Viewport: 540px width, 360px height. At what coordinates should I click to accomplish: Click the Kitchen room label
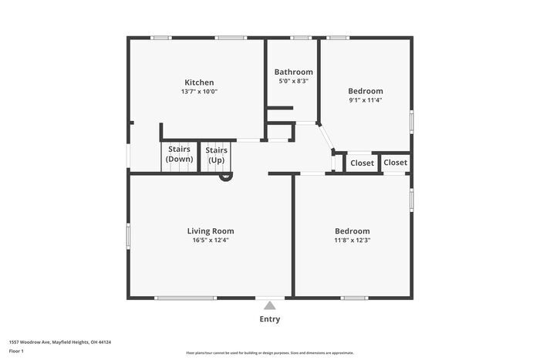click(199, 82)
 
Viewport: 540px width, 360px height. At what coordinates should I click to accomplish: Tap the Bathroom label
click(294, 72)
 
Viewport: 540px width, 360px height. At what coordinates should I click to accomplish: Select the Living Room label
click(211, 230)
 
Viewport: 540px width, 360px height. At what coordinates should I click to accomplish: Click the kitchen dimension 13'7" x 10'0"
click(199, 92)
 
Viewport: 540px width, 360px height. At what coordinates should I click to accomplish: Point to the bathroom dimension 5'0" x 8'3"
click(294, 81)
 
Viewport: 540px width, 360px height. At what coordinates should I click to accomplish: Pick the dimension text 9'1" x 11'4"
click(366, 99)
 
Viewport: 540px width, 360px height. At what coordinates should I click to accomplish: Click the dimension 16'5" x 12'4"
click(211, 240)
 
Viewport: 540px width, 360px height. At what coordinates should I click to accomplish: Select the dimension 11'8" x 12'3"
click(352, 240)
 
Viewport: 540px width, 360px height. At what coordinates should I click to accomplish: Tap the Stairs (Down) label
click(179, 154)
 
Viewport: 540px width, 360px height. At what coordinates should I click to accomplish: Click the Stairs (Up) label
click(216, 154)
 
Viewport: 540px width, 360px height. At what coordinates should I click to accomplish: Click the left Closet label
click(362, 163)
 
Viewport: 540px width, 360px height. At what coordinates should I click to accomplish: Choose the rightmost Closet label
click(395, 162)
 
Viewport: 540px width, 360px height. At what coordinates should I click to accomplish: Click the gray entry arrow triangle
click(269, 305)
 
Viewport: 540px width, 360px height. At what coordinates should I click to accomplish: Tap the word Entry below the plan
click(269, 319)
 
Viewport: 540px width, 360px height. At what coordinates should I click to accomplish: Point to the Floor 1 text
click(17, 351)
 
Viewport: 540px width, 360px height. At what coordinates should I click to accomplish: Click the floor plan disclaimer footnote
click(269, 352)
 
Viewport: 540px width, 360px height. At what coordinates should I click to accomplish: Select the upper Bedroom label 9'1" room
click(366, 91)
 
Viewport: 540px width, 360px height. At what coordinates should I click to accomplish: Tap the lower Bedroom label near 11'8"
click(352, 230)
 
